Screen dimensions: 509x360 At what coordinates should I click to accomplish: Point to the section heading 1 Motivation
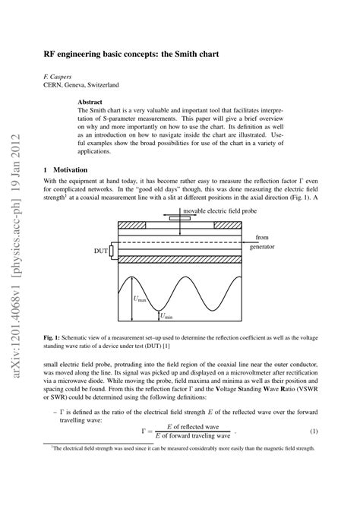[65, 169]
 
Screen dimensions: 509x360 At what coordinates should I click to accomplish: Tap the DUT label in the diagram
[99, 250]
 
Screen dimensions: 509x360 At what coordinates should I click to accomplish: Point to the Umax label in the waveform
[141, 299]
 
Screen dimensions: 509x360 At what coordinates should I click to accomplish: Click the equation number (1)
[312, 433]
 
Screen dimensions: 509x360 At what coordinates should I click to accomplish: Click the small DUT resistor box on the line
[111, 251]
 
